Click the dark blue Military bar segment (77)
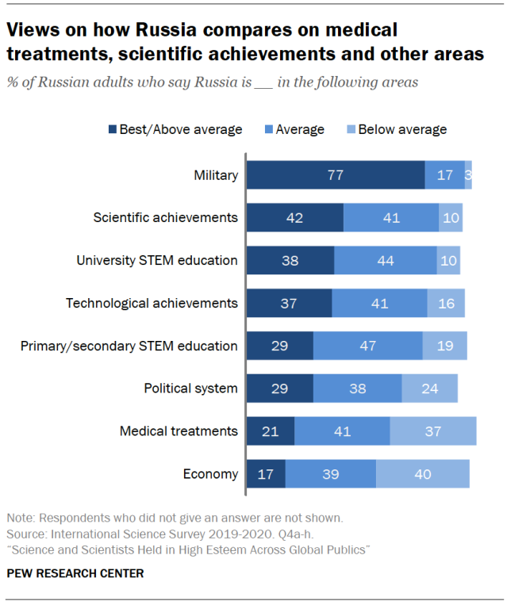click(335, 174)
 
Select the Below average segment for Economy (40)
click(422, 473)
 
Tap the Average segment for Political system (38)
click(357, 388)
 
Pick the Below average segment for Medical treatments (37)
click(432, 431)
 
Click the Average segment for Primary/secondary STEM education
click(367, 345)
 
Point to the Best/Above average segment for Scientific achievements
click(294, 217)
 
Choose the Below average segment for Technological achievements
click(445, 302)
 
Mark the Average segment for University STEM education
click(385, 260)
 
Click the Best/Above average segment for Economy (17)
click(265, 473)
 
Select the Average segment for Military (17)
click(444, 174)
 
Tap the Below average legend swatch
click(351, 129)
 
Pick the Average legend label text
click(299, 129)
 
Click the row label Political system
click(190, 388)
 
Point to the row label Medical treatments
click(179, 431)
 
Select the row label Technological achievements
click(152, 302)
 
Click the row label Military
click(215, 174)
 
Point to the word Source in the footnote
click(24, 534)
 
